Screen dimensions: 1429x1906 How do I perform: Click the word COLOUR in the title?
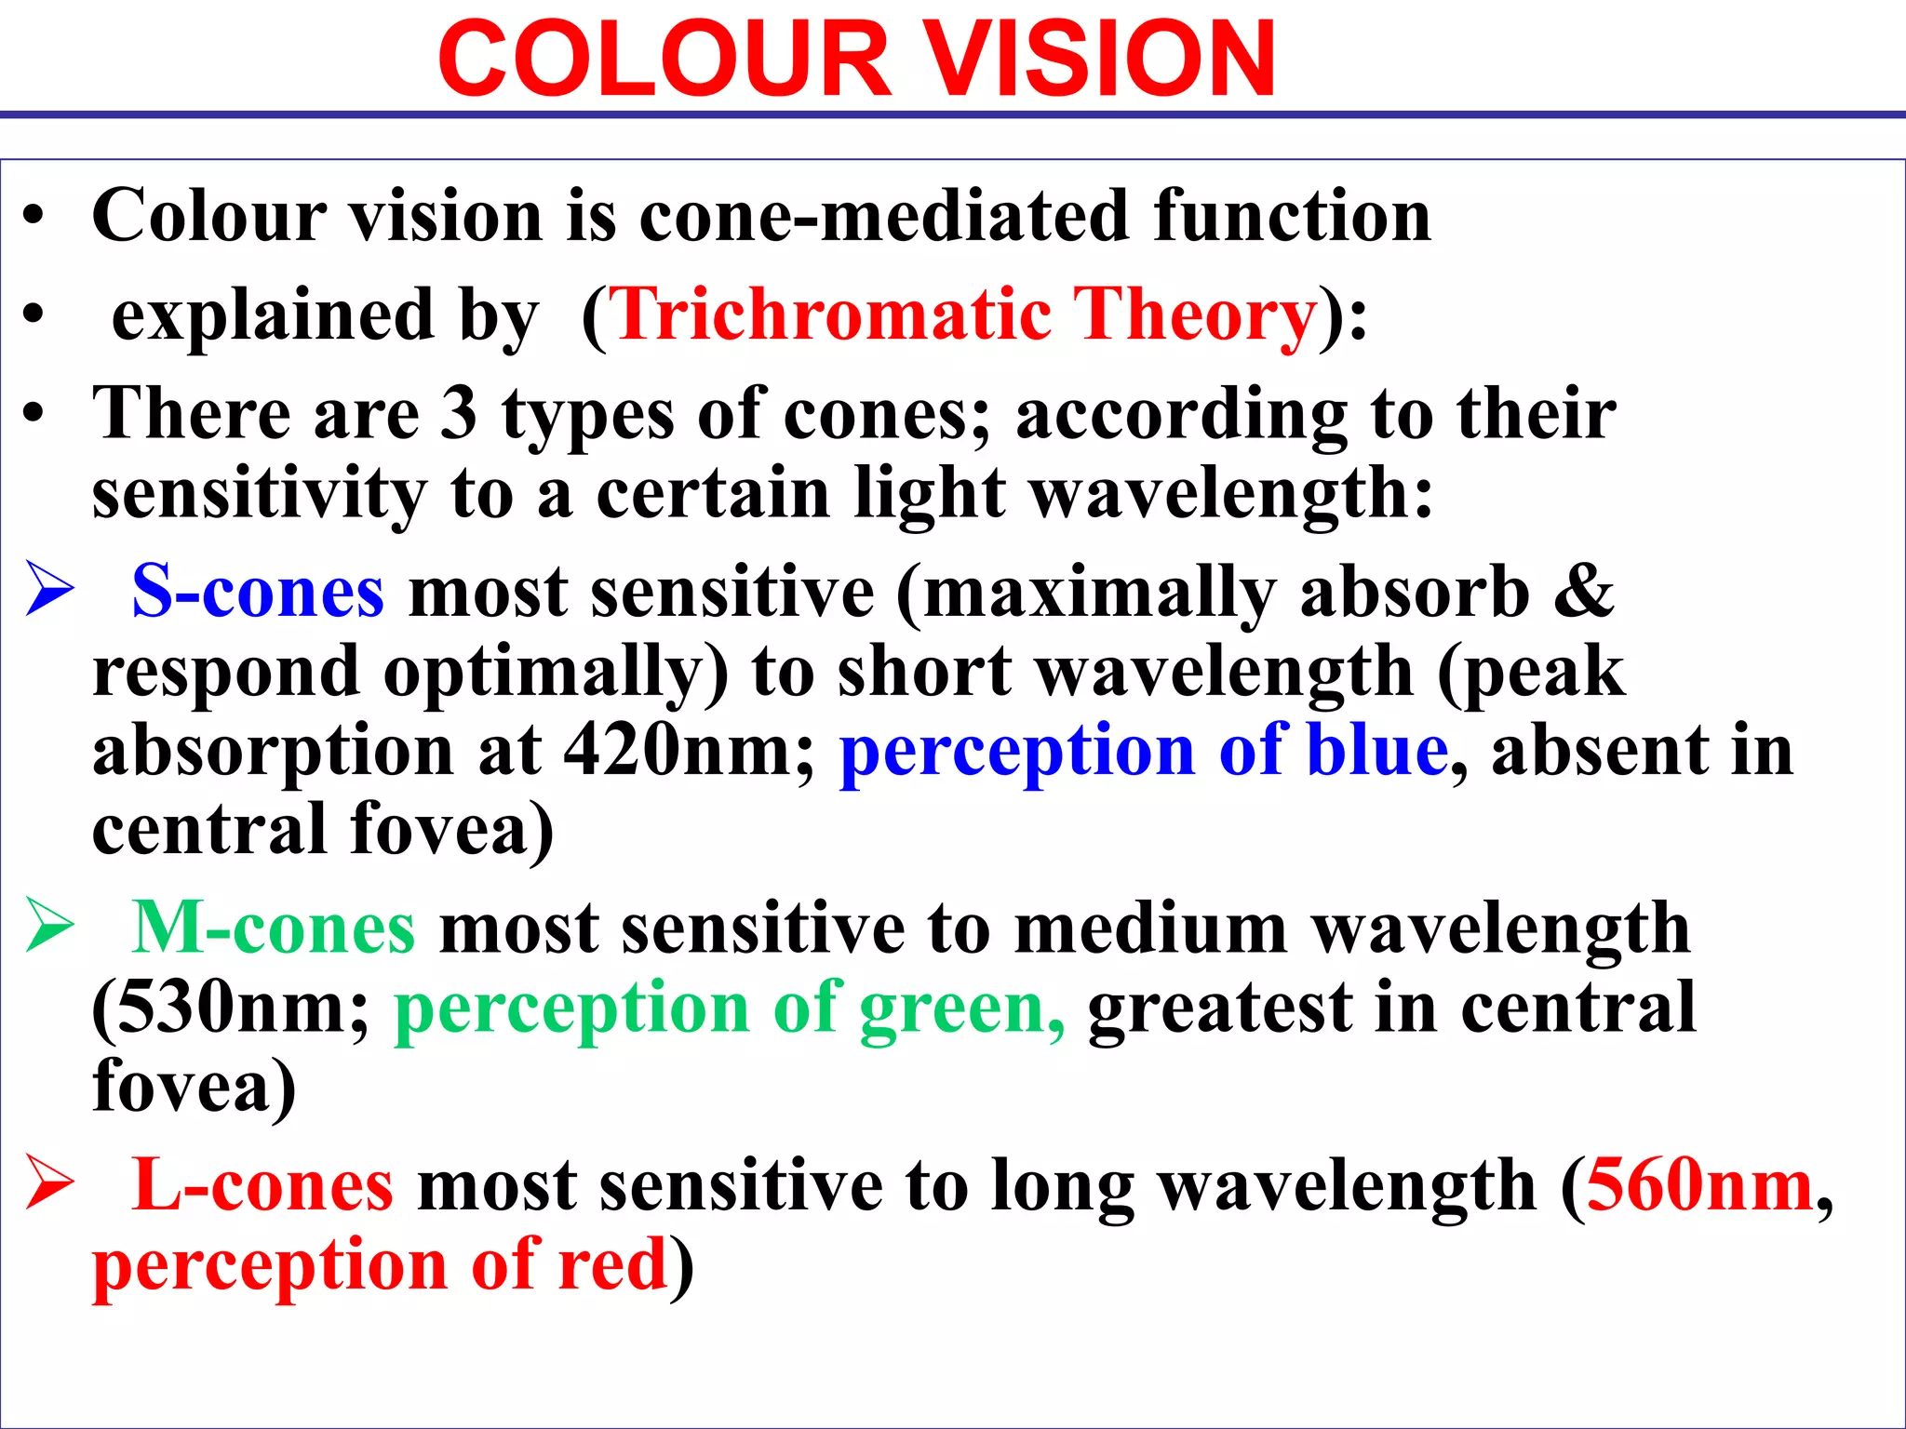point(664,60)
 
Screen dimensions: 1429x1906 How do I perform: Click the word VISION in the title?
point(1102,60)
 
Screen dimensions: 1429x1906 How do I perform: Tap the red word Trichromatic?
point(832,314)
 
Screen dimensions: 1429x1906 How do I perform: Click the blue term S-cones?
point(258,592)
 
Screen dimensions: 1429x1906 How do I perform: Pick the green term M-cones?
point(273,928)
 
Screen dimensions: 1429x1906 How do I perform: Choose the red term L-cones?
point(262,1185)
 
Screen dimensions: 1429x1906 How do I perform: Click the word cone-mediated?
point(885,216)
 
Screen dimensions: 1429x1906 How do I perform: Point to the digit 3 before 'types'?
point(458,413)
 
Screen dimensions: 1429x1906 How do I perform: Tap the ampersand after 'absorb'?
point(1584,592)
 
